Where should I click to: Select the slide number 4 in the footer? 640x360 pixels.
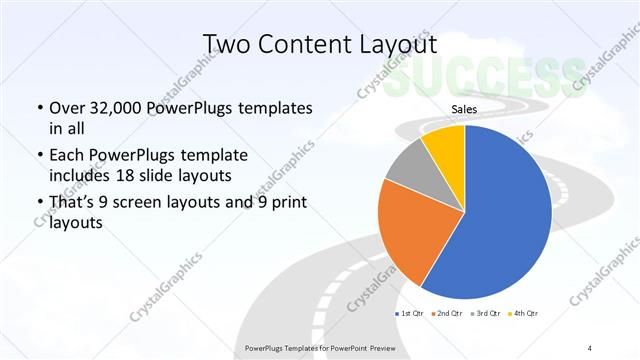pyautogui.click(x=590, y=348)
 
